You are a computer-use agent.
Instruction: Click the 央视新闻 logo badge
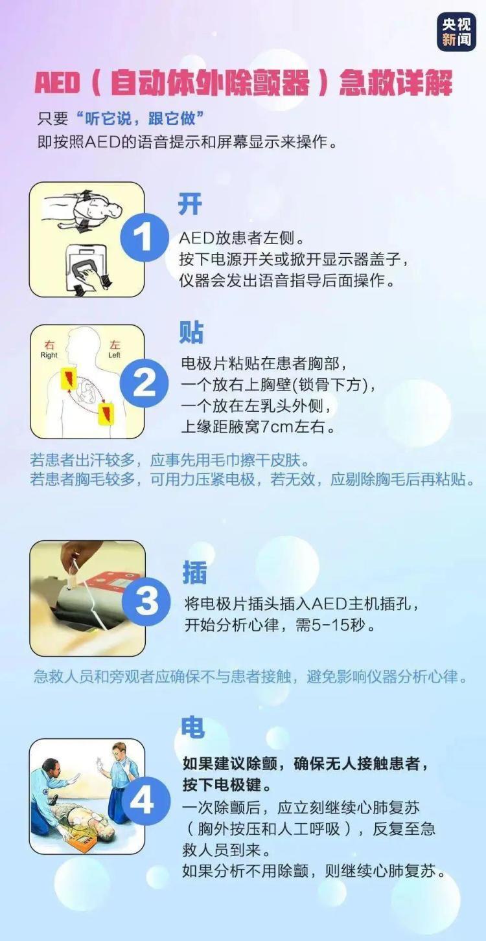pyautogui.click(x=456, y=32)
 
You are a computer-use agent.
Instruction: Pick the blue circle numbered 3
pyautogui.click(x=146, y=600)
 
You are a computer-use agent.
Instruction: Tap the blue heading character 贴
pyautogui.click(x=192, y=332)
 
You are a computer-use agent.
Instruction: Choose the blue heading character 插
pyautogui.click(x=194, y=573)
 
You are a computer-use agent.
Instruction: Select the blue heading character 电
pyautogui.click(x=192, y=728)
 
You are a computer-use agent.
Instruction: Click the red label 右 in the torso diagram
pyautogui.click(x=49, y=345)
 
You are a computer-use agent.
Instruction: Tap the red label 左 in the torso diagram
pyautogui.click(x=115, y=345)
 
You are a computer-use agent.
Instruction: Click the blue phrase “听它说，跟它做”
pyautogui.click(x=140, y=119)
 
